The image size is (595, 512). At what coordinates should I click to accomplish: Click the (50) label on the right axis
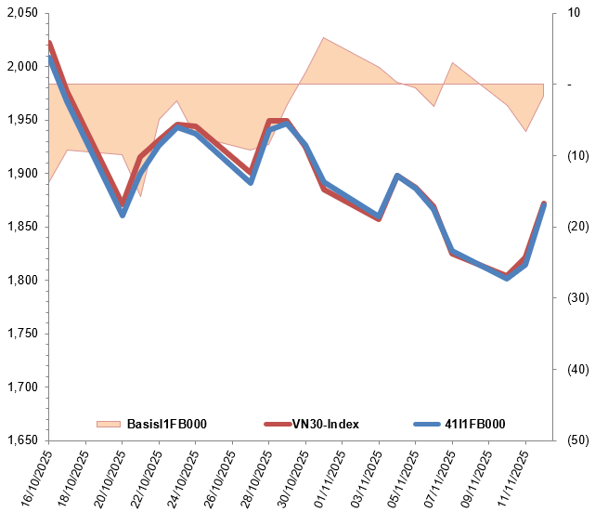pos(566,440)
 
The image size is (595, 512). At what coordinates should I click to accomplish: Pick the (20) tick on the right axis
pos(566,227)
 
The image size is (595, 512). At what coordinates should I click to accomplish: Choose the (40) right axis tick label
pos(566,369)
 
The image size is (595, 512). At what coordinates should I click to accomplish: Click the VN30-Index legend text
pos(326,425)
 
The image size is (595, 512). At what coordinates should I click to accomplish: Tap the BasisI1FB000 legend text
pos(167,425)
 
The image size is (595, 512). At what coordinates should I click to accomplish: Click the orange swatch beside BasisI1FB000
pos(108,425)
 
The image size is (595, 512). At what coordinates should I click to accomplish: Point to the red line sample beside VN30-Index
pos(277,425)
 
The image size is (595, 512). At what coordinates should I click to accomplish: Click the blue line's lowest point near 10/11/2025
pos(507,278)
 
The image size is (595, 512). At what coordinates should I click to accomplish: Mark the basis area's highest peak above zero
pos(323,38)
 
